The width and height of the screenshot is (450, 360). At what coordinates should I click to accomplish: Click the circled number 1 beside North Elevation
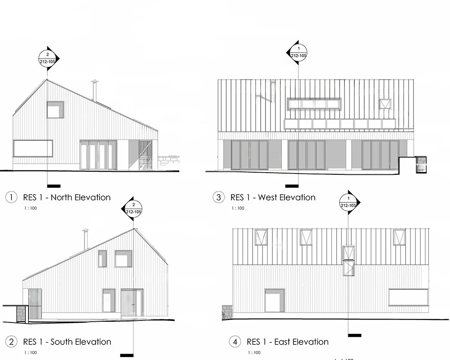[11, 198]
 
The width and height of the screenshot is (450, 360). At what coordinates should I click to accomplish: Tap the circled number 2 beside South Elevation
[11, 342]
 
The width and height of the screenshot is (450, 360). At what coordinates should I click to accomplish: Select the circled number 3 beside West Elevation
[219, 198]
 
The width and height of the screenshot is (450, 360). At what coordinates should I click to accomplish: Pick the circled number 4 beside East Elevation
[235, 342]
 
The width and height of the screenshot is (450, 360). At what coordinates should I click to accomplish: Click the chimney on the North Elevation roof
[94, 90]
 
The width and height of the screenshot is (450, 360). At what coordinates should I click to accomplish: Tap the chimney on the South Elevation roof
[85, 239]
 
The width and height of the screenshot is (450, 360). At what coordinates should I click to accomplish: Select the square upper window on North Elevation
[55, 110]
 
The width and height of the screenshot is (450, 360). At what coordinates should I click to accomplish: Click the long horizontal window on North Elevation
[33, 148]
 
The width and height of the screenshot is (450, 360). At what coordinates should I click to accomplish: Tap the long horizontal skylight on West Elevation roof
[314, 104]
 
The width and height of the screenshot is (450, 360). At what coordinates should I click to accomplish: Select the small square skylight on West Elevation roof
[384, 104]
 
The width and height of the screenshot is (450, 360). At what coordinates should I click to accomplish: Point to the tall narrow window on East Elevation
[348, 260]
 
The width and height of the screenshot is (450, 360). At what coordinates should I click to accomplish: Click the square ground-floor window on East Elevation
[274, 300]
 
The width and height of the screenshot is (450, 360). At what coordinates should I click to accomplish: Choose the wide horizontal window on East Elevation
[408, 297]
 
